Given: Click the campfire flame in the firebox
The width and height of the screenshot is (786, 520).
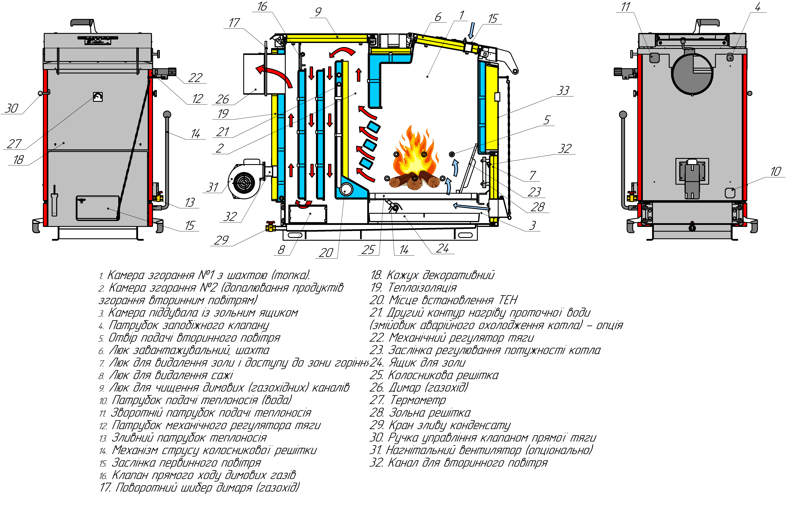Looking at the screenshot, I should [415, 156].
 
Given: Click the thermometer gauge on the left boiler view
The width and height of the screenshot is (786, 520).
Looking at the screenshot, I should [98, 97].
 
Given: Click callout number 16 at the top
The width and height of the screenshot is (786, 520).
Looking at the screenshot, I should [262, 6].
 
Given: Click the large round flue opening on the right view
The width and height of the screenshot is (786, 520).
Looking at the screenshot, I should [692, 74].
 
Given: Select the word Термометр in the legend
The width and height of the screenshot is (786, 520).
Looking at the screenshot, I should [418, 400].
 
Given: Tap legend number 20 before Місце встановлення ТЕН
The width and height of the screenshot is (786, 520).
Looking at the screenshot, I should [376, 300].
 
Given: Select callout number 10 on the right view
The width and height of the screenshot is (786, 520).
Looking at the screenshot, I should [775, 171].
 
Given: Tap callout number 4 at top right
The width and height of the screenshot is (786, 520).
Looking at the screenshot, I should [758, 7].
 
